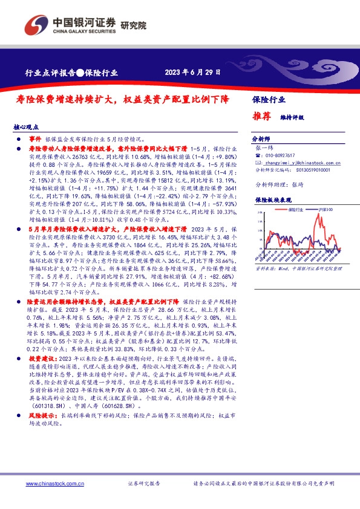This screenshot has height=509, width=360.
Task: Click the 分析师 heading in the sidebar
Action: pos(263,138)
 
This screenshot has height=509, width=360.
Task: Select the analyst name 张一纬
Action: pos(265,148)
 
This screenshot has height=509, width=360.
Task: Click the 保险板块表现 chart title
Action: pos(270,199)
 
